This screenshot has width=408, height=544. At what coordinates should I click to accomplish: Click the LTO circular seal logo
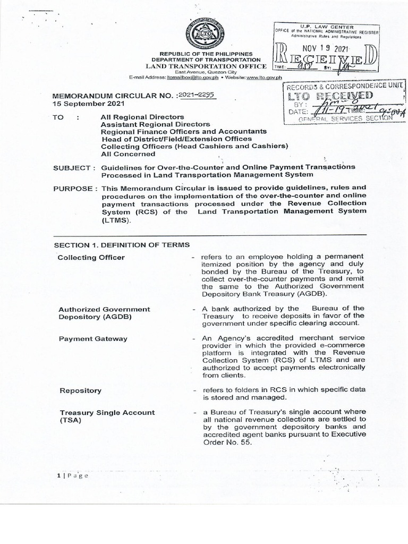205,36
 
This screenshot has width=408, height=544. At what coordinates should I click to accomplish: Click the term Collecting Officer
91,258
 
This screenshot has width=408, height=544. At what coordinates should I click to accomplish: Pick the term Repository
80,390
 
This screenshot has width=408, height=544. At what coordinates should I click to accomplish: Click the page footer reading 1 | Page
72,475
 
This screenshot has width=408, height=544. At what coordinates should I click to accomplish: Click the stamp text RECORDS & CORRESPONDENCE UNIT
345,86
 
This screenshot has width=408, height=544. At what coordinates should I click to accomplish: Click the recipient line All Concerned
128,154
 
